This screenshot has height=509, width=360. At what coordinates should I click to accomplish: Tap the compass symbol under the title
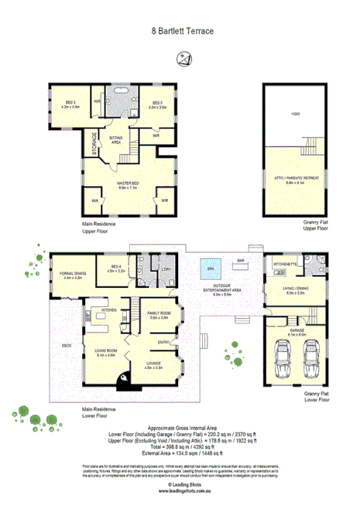[183, 56]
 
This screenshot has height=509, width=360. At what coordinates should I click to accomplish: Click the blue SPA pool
[210, 270]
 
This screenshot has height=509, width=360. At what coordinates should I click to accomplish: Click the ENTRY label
[164, 341]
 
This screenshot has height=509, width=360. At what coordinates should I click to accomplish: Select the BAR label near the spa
[241, 260]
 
